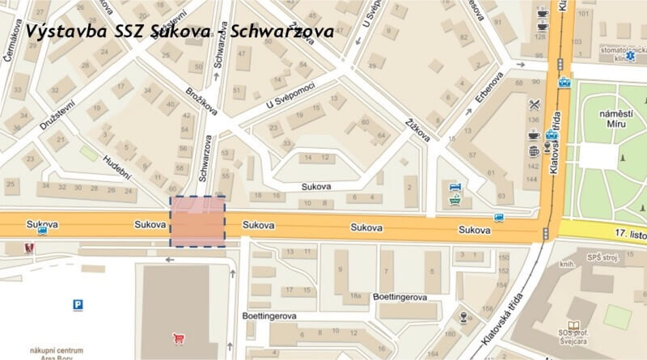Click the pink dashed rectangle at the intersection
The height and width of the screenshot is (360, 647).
click(197, 222)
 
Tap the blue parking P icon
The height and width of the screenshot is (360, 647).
click(78, 305)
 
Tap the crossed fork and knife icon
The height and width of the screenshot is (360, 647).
click(535, 104)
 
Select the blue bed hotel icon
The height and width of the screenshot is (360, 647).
click(455, 188)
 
